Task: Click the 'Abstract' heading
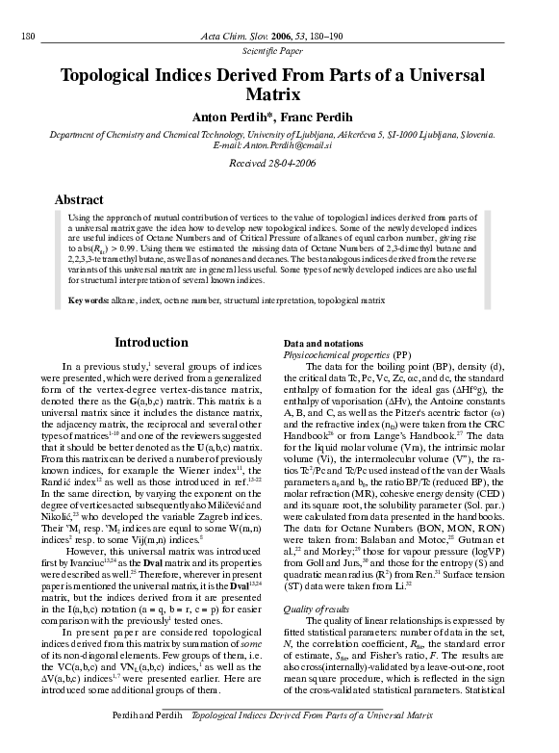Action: pyautogui.click(x=79, y=199)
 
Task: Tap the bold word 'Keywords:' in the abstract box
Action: pyautogui.click(x=89, y=301)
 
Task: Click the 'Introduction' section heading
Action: pyautogui.click(x=151, y=343)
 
